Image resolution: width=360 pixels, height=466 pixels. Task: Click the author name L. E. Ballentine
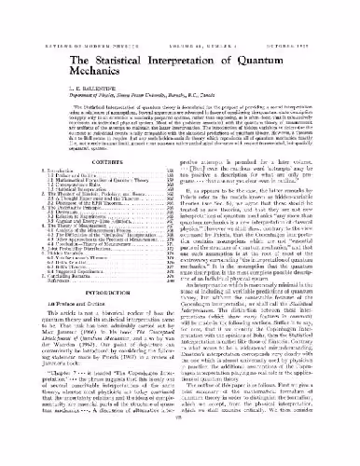(39, 70)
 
